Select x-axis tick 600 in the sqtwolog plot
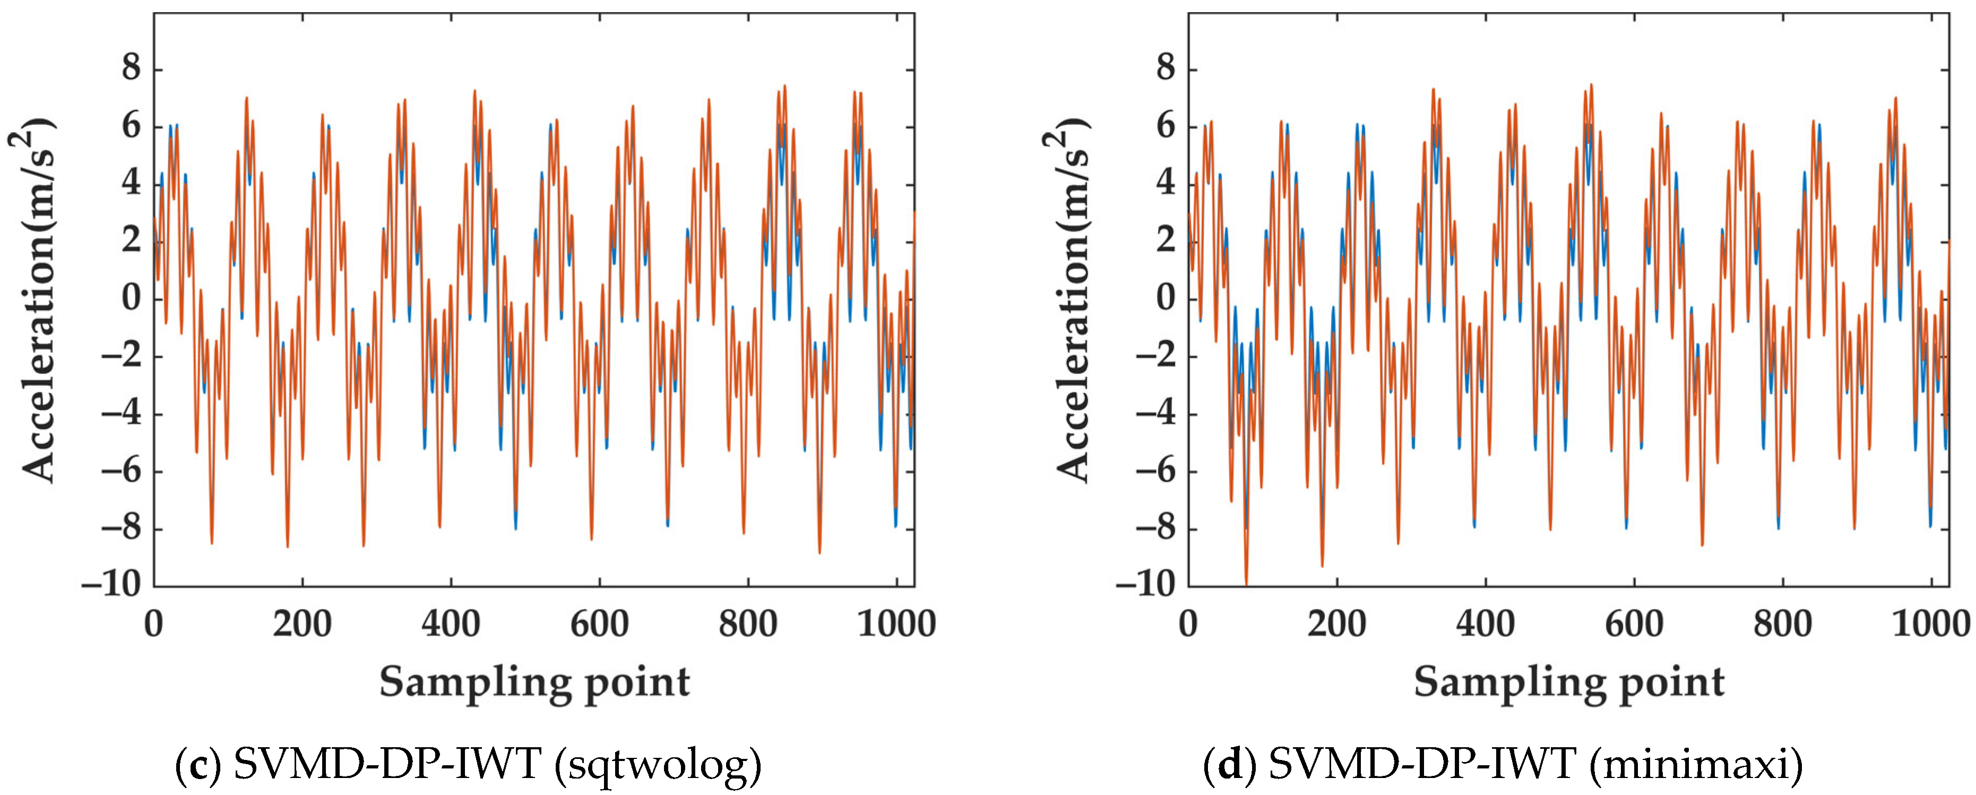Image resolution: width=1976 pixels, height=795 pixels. [x=599, y=623]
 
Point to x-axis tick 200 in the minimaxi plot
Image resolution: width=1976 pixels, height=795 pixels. [x=1336, y=623]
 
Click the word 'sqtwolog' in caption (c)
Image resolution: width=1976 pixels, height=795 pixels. [x=662, y=764]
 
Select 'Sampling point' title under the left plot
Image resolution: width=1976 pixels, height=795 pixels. [x=534, y=681]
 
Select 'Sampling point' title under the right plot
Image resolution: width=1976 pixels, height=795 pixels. [x=1569, y=681]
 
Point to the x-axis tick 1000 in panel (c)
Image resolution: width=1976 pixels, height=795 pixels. [x=896, y=623]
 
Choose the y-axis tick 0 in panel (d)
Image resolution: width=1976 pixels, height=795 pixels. [x=1165, y=298]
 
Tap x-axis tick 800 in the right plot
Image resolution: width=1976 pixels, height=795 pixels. [x=1782, y=623]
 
